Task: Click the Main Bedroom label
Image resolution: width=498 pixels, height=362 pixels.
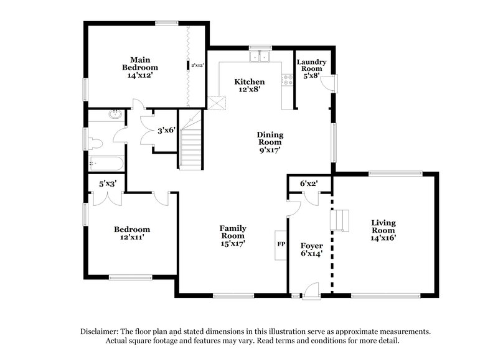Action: coord(139,67)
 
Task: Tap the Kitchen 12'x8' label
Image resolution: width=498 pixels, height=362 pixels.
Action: coord(249,85)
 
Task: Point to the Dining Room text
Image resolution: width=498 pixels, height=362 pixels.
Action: coord(271,142)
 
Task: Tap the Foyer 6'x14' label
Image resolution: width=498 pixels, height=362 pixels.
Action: coord(311,251)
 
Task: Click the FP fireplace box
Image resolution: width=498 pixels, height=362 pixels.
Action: coord(281,244)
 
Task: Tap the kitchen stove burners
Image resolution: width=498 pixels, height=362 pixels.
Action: coord(288,80)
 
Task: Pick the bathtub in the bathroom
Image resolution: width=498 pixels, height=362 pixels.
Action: coord(105,164)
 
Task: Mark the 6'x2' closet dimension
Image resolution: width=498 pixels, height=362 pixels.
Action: coord(309,183)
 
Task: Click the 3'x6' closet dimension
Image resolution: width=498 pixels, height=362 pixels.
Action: coord(166,131)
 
